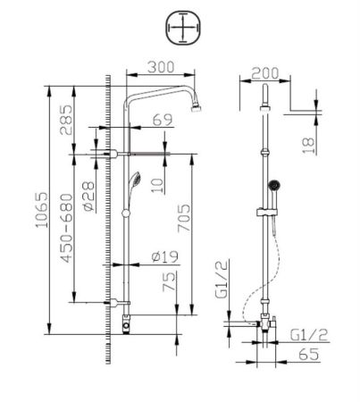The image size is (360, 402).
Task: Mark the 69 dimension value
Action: pos(161,119)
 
